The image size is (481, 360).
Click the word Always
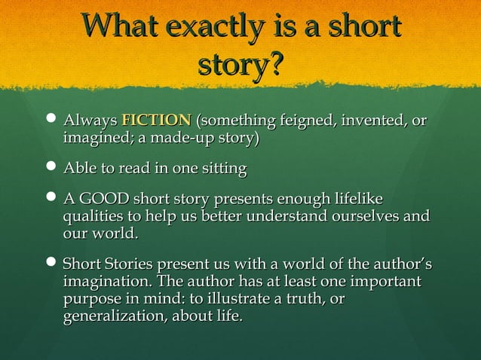pyautogui.click(x=90, y=121)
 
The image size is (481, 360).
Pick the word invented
pyautogui.click(x=374, y=121)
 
